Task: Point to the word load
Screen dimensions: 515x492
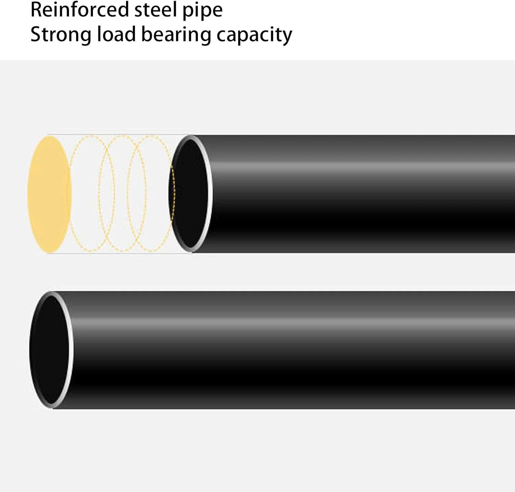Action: click(116, 34)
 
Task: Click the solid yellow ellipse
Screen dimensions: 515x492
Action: click(49, 195)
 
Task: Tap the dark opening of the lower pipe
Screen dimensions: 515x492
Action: click(49, 350)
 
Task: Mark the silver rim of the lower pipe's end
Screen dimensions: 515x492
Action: click(70, 350)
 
